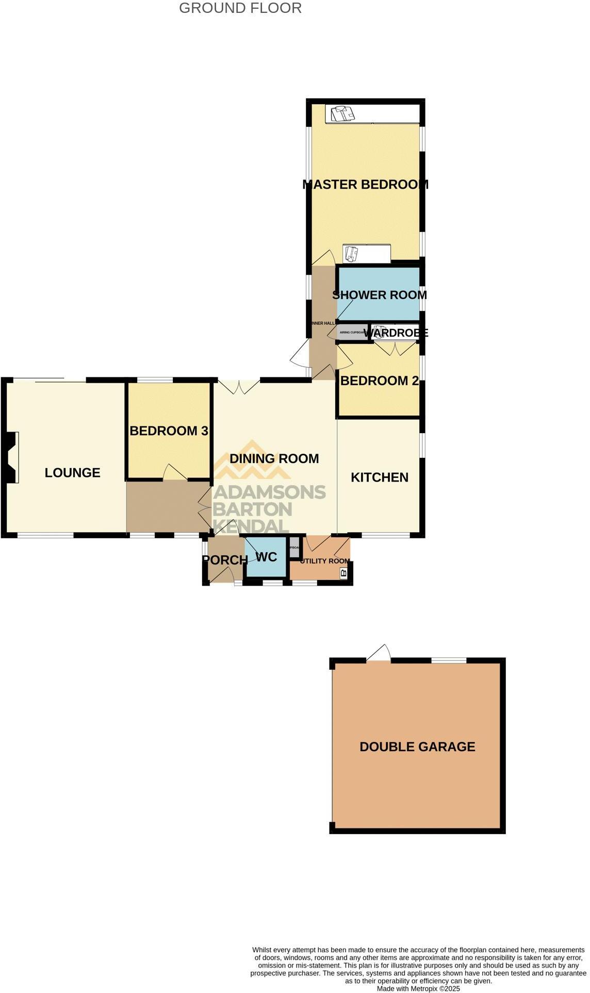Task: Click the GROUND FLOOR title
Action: click(240, 8)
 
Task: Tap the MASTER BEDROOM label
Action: click(365, 185)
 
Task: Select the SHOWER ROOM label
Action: click(380, 295)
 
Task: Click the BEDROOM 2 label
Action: click(380, 381)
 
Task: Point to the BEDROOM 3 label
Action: click(169, 431)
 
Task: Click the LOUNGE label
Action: click(73, 473)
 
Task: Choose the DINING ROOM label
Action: click(274, 459)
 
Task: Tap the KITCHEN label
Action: click(380, 477)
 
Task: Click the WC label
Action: click(266, 557)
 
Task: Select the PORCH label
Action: click(225, 560)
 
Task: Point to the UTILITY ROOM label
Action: click(325, 561)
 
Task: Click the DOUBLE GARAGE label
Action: click(417, 747)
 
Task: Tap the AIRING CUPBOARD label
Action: click(352, 333)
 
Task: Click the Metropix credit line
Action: click(418, 988)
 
